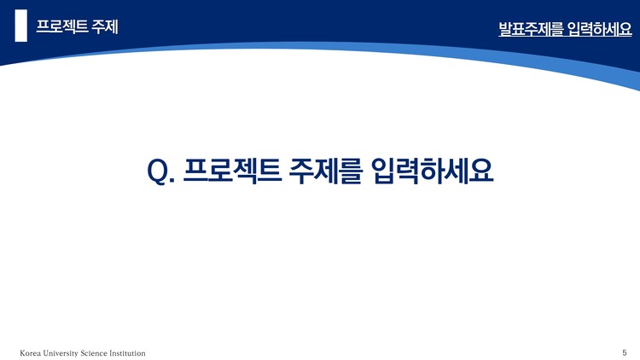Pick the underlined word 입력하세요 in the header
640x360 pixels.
(x=599, y=31)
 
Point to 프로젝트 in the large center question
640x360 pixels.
(x=228, y=169)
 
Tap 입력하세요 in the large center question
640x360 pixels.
(x=433, y=169)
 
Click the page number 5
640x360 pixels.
(x=625, y=352)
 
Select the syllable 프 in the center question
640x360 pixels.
(x=195, y=169)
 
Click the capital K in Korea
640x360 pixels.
(x=22, y=353)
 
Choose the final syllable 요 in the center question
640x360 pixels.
(x=481, y=169)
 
